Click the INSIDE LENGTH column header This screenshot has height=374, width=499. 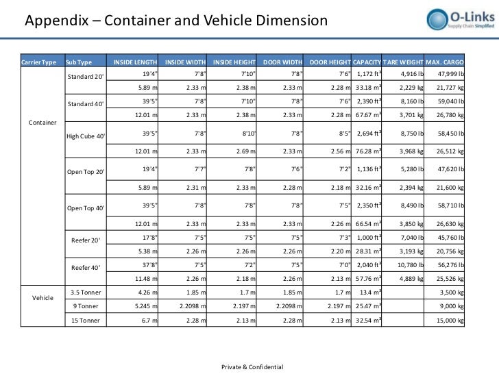pyautogui.click(x=135, y=63)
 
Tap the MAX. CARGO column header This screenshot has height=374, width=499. pyautogui.click(x=444, y=63)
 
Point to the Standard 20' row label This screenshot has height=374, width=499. pyautogui.click(x=86, y=75)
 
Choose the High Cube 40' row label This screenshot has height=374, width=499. pyautogui.click(x=86, y=136)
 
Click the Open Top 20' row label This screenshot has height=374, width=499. pyautogui.click(x=86, y=171)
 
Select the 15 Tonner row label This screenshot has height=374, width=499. pyautogui.click(x=86, y=320)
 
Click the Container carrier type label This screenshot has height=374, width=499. pyautogui.click(x=43, y=123)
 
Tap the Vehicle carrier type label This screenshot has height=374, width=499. pyautogui.click(x=43, y=299)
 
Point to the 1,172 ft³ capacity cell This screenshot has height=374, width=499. pyautogui.click(x=369, y=74)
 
